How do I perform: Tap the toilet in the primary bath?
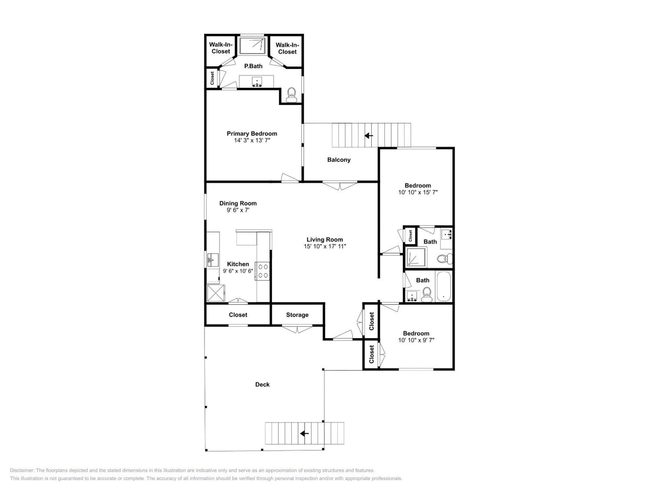(x=291, y=95)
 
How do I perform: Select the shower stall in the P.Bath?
(x=252, y=46)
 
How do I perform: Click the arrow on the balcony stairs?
(x=369, y=136)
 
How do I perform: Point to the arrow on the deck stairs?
(x=304, y=434)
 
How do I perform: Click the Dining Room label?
(x=238, y=203)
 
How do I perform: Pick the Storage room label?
(x=297, y=315)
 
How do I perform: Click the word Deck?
(x=262, y=384)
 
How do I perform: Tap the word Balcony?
(x=339, y=160)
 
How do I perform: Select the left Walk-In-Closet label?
(x=221, y=48)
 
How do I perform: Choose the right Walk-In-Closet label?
(x=287, y=48)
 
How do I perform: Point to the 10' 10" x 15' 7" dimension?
(x=418, y=192)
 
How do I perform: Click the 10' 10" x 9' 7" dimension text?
(x=416, y=340)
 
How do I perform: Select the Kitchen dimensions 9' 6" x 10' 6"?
(x=238, y=271)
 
